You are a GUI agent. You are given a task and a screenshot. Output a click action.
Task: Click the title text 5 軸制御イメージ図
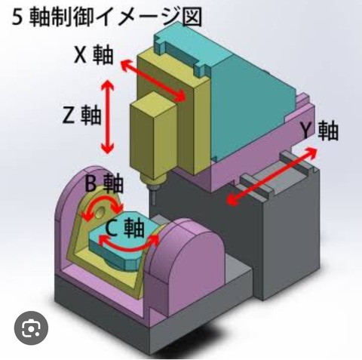pyautogui.click(x=107, y=17)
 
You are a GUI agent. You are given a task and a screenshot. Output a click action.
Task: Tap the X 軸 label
pyautogui.click(x=94, y=55)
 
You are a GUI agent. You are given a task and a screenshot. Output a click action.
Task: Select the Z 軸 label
pyautogui.click(x=82, y=115)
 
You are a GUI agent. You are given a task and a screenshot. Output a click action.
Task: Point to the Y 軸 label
pyautogui.click(x=320, y=131)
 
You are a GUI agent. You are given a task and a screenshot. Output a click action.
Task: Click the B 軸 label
pyautogui.click(x=104, y=183)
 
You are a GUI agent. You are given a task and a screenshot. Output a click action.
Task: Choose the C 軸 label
pyautogui.click(x=124, y=229)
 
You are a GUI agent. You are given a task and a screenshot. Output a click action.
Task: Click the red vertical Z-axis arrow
pyautogui.click(x=108, y=116)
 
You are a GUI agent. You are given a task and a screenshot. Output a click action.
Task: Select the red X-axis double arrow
pyautogui.click(x=153, y=81)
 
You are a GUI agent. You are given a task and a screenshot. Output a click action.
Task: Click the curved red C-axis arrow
pyautogui.click(x=128, y=248)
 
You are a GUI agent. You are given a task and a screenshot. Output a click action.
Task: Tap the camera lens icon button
pyautogui.click(x=31, y=328)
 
